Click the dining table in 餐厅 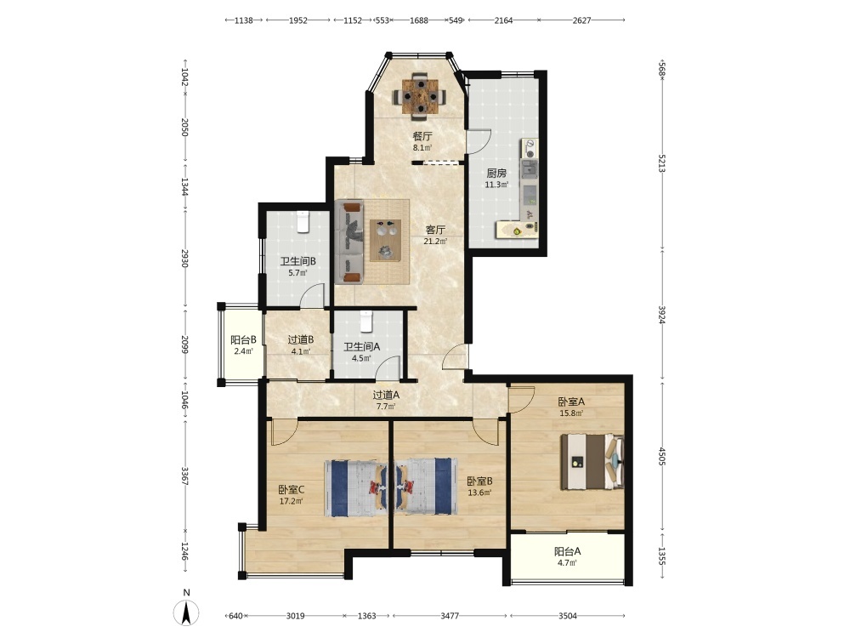pyautogui.click(x=420, y=96)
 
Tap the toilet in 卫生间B pyautogui.click(x=303, y=221)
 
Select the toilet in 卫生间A pyautogui.click(x=367, y=322)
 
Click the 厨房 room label pyautogui.click(x=496, y=173)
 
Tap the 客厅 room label pyautogui.click(x=434, y=230)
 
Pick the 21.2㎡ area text pyautogui.click(x=434, y=242)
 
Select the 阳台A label pyautogui.click(x=567, y=551)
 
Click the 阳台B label pyautogui.click(x=243, y=340)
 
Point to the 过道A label pyautogui.click(x=386, y=395)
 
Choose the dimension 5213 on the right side pyautogui.click(x=661, y=163)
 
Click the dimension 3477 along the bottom pyautogui.click(x=450, y=616)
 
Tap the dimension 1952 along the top pyautogui.click(x=297, y=20)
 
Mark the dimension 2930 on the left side pyautogui.click(x=185, y=259)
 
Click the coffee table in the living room pyautogui.click(x=385, y=241)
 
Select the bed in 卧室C pyautogui.click(x=355, y=487)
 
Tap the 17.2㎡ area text pyautogui.click(x=291, y=501)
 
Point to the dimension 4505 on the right pyautogui.click(x=661, y=456)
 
